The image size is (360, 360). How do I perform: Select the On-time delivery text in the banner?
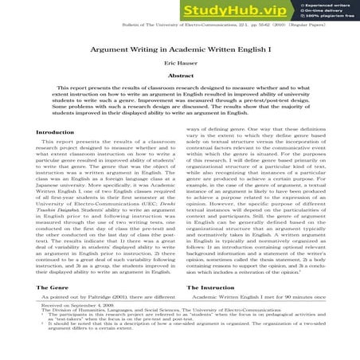tap(319, 10)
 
